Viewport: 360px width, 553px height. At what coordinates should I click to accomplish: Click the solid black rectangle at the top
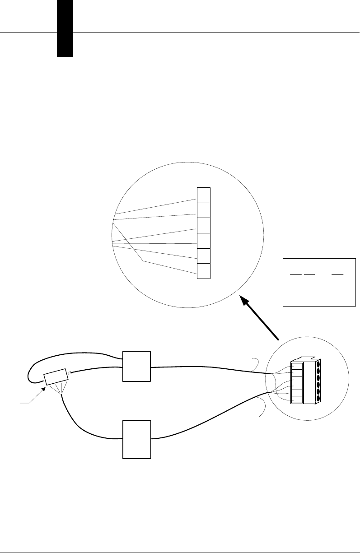pyautogui.click(x=65, y=28)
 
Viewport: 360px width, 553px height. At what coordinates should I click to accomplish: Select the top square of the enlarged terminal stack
pyautogui.click(x=204, y=195)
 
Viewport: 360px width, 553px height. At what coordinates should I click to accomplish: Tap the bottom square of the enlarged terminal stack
pyautogui.click(x=204, y=271)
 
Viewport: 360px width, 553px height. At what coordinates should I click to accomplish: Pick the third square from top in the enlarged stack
pyautogui.click(x=204, y=225)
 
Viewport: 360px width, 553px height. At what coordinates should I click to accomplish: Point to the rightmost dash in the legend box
pyautogui.click(x=337, y=274)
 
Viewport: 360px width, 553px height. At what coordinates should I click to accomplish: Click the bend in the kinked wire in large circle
pyautogui.click(x=144, y=261)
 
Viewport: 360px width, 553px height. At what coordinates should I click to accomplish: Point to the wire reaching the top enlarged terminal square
pyautogui.click(x=154, y=206)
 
